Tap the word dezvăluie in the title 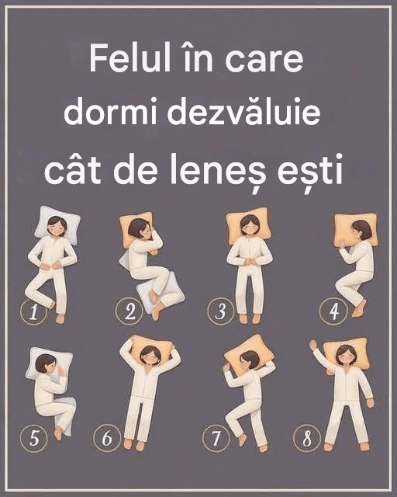(x=243, y=113)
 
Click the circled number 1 (x=33, y=312)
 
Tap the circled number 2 (x=129, y=311)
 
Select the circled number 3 (x=220, y=311)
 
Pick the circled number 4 (x=333, y=311)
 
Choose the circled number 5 (x=34, y=438)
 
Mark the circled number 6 (x=107, y=438)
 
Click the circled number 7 (x=216, y=438)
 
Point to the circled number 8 (x=307, y=439)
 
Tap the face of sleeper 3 (x=249, y=226)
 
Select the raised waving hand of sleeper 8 (x=313, y=346)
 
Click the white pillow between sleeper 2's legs (x=160, y=292)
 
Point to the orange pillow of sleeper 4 (x=356, y=230)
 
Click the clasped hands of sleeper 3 (x=250, y=261)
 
